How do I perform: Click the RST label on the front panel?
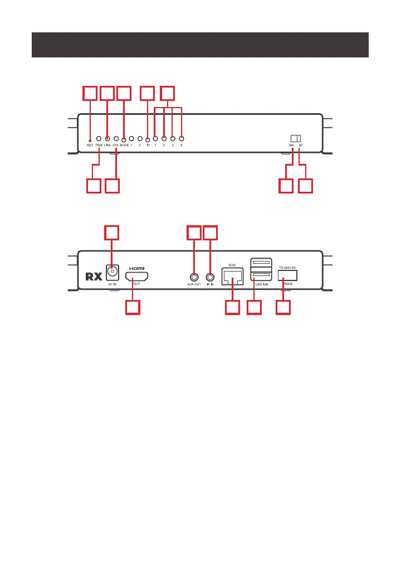[x=90, y=146]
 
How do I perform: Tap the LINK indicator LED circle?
[x=107, y=138]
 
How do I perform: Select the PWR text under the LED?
[x=99, y=146]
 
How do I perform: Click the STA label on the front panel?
[x=115, y=146]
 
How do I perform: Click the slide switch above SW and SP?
[x=295, y=138]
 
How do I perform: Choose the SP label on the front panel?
[x=300, y=146]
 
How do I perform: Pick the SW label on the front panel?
[x=291, y=146]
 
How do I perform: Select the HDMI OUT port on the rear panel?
[x=136, y=275]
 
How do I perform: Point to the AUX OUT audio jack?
[x=193, y=276]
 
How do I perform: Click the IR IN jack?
[x=210, y=276]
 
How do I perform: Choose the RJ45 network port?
[x=232, y=275]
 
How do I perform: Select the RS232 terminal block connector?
[x=287, y=275]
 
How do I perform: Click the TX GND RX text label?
[x=287, y=268]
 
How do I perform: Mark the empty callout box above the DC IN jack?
[x=113, y=233]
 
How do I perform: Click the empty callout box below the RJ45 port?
[x=232, y=308]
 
